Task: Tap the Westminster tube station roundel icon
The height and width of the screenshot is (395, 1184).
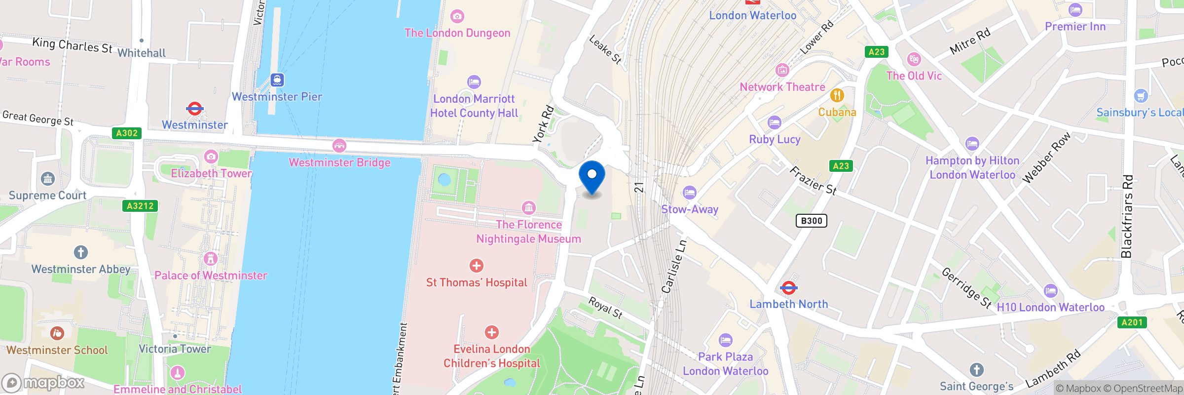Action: point(194,109)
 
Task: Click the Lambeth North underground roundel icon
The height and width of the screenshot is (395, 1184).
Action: point(788,287)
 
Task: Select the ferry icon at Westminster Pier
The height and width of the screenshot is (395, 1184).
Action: point(277,80)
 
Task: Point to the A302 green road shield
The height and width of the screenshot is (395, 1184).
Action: point(127,133)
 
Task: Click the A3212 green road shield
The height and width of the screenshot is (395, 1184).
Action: point(140,206)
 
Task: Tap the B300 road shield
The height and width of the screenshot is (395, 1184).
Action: point(811,221)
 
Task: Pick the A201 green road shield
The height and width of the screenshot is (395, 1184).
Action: point(1132,322)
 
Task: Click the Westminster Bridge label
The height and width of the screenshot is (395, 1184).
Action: point(339,162)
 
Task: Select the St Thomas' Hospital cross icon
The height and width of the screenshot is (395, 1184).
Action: point(476,266)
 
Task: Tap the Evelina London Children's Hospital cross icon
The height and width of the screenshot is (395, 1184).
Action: point(491,332)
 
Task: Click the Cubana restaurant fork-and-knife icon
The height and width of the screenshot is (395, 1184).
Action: point(837,95)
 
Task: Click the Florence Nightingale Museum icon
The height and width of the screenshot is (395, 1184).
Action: point(528,207)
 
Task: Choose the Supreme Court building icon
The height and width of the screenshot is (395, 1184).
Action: point(48,179)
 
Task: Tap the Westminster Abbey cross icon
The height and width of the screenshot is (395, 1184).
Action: point(81,252)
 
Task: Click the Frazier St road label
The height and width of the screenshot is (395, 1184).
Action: point(813,181)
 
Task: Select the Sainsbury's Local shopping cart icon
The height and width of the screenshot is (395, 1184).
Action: point(1141,96)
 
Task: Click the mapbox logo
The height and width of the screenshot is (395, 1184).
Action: point(43,383)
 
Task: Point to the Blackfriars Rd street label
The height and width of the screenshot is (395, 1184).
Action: point(1127,216)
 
